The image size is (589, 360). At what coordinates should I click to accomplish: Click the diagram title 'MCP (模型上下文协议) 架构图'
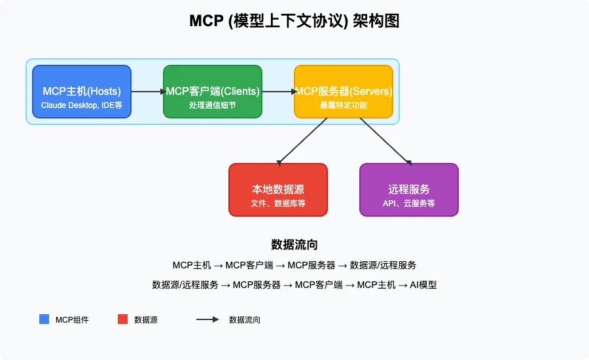pyautogui.click(x=294, y=21)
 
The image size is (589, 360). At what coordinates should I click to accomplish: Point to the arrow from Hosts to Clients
pyautogui.click(x=147, y=92)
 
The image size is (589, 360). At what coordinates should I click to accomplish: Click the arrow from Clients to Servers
pyautogui.click(x=278, y=92)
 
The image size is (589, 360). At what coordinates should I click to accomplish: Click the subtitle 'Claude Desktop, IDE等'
pyautogui.click(x=81, y=105)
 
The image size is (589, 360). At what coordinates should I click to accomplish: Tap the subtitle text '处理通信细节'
pyautogui.click(x=212, y=105)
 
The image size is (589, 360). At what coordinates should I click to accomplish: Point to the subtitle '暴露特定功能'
pyautogui.click(x=343, y=105)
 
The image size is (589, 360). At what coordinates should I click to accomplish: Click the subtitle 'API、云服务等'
pyautogui.click(x=408, y=204)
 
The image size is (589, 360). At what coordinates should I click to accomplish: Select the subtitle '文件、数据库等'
pyautogui.click(x=277, y=204)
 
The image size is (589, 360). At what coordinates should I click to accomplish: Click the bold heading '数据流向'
pyautogui.click(x=294, y=245)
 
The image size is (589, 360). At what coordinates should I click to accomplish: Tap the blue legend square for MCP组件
pyautogui.click(x=44, y=319)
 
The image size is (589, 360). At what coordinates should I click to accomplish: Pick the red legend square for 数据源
pyautogui.click(x=122, y=319)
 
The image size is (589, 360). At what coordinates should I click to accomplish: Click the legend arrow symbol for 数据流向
pyautogui.click(x=207, y=319)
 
